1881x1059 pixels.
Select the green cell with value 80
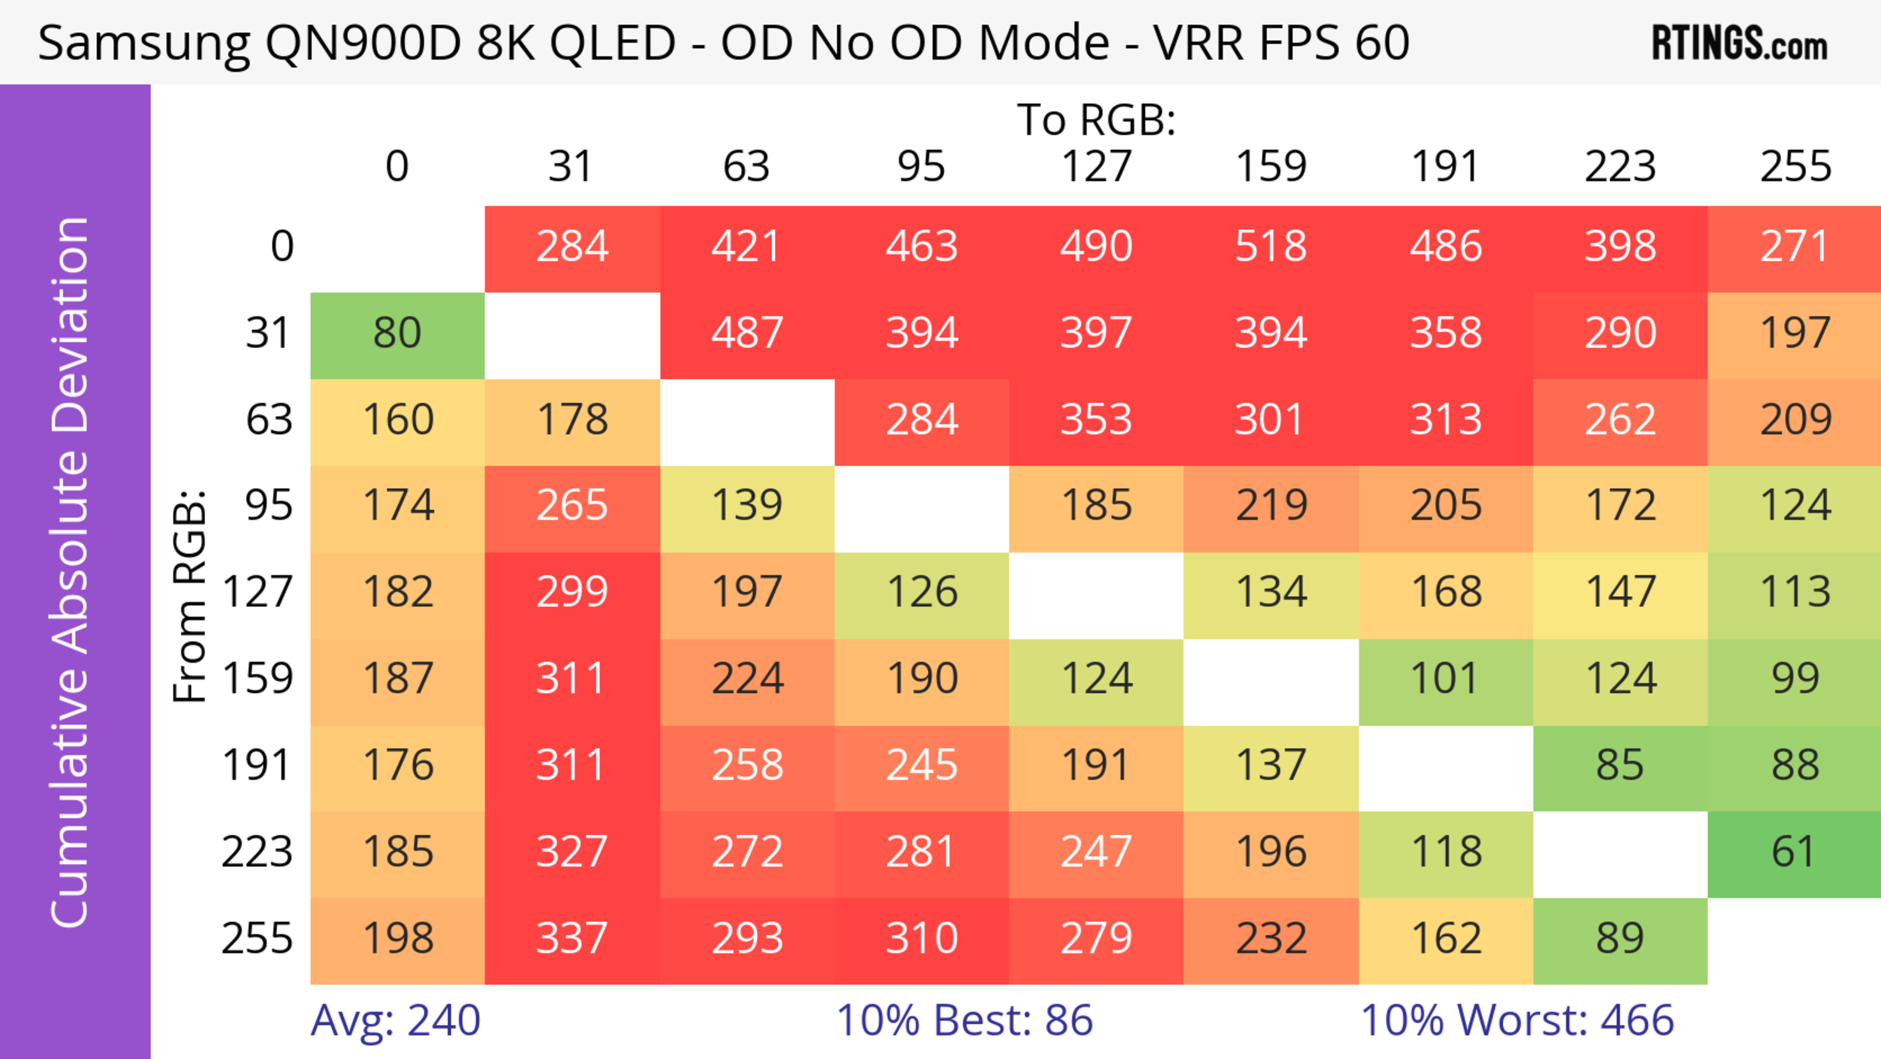click(x=397, y=333)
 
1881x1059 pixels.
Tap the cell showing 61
click(x=1794, y=852)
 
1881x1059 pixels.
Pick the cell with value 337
click(x=572, y=938)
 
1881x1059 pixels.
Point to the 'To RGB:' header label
click(x=1096, y=120)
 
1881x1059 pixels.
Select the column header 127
click(x=1096, y=167)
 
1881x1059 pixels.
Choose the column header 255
click(x=1795, y=167)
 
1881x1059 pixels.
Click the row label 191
click(x=257, y=765)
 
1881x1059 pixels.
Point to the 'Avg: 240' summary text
click(x=395, y=1020)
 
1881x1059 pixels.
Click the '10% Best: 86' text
click(x=964, y=1020)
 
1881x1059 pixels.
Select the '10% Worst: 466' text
click(x=1517, y=1020)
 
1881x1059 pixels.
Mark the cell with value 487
click(x=747, y=333)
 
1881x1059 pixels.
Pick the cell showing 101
click(x=1445, y=679)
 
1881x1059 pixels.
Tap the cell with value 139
click(x=747, y=505)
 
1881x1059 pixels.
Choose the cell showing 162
click(x=1445, y=938)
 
